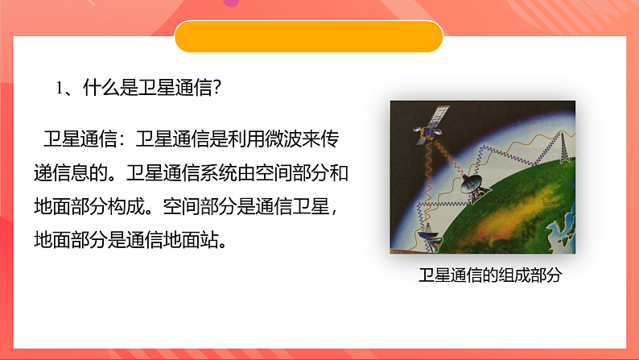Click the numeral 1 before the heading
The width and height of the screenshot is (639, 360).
pos(60,88)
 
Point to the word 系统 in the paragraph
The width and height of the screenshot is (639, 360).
pos(220,172)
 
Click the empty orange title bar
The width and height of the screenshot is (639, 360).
pos(309,37)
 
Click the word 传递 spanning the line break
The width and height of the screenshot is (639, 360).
pos(330,138)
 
